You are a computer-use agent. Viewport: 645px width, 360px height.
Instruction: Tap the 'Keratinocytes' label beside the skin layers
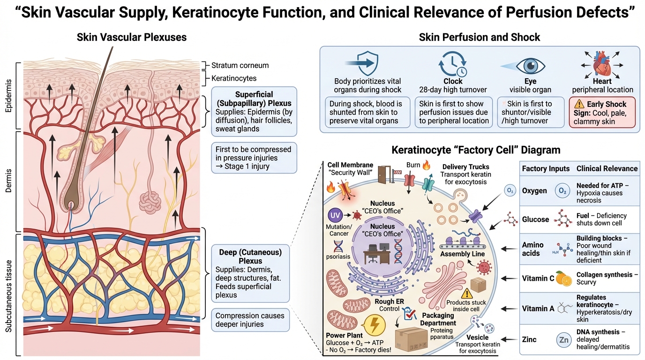click(x=234, y=78)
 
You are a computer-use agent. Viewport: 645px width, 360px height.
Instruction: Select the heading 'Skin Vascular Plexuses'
click(x=132, y=37)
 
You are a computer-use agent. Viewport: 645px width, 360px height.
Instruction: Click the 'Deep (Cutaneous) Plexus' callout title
click(x=250, y=256)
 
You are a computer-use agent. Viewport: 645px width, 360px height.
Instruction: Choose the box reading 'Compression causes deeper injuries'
click(x=250, y=320)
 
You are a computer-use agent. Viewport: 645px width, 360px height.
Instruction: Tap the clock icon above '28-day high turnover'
click(x=453, y=64)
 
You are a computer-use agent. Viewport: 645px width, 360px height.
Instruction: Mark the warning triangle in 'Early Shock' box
click(x=579, y=105)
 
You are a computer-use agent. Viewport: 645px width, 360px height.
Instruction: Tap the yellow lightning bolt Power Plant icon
click(x=374, y=325)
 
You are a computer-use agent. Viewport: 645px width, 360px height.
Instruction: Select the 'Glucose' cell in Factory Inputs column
click(x=535, y=219)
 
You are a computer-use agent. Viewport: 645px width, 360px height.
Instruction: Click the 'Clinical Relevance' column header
click(x=607, y=168)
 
